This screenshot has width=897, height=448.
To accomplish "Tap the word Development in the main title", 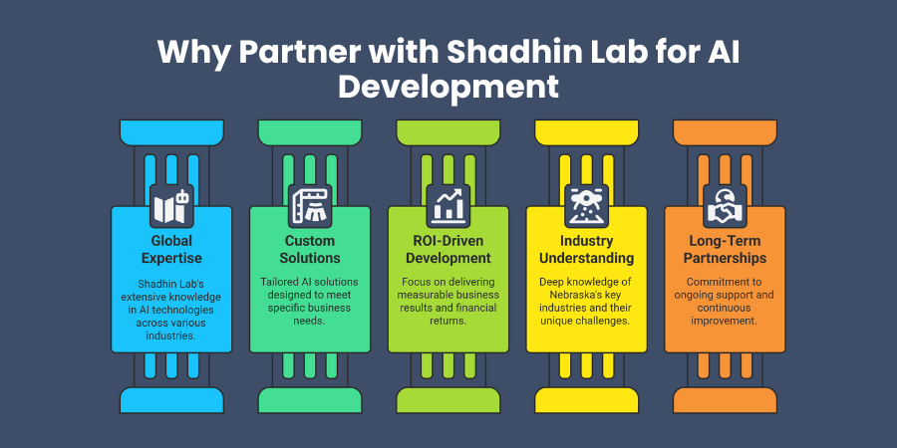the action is click(x=448, y=86).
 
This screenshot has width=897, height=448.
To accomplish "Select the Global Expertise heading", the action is click(x=170, y=249).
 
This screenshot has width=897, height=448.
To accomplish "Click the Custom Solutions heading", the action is click(x=309, y=249).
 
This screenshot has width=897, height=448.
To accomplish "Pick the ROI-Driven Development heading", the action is click(x=448, y=249).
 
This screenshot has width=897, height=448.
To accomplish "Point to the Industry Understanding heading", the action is click(x=586, y=249).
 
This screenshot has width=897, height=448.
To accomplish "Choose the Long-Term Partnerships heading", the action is click(x=725, y=249).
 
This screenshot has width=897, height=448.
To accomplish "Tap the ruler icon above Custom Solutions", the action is click(x=309, y=205).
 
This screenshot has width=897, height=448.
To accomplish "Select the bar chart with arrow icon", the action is click(x=448, y=205).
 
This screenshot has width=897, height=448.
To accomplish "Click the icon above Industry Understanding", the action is click(x=586, y=205).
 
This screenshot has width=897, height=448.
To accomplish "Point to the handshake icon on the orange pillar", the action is click(x=725, y=205).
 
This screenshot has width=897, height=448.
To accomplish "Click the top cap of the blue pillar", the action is click(x=170, y=130).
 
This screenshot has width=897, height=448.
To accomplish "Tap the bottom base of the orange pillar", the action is click(x=725, y=400).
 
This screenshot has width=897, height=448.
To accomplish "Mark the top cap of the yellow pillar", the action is click(x=586, y=130).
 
